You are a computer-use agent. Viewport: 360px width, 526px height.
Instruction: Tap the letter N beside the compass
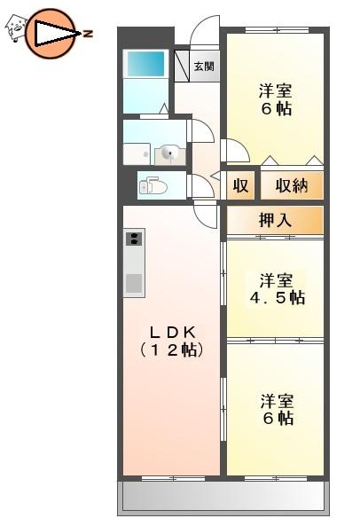point(88,33)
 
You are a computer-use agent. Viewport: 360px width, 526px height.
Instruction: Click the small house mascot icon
point(15,29)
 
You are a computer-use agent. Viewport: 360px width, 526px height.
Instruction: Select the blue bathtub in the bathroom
point(146,64)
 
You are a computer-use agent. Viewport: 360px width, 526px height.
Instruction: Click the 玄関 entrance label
point(203,67)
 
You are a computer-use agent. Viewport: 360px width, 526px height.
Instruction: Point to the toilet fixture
point(153,186)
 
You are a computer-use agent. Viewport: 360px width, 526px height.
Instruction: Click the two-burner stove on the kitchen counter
point(135,238)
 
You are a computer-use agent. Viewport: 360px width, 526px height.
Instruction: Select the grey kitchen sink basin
point(134,285)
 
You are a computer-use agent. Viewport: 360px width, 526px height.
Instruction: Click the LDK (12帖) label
point(171,341)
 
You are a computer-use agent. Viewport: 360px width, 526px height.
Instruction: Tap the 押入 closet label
point(274,220)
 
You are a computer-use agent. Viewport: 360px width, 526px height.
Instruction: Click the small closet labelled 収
point(239,186)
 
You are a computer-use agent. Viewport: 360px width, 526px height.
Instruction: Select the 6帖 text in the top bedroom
point(276,110)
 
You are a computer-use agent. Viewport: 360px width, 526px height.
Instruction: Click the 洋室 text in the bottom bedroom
point(277,399)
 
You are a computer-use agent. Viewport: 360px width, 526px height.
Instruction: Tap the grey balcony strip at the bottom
point(223,496)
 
